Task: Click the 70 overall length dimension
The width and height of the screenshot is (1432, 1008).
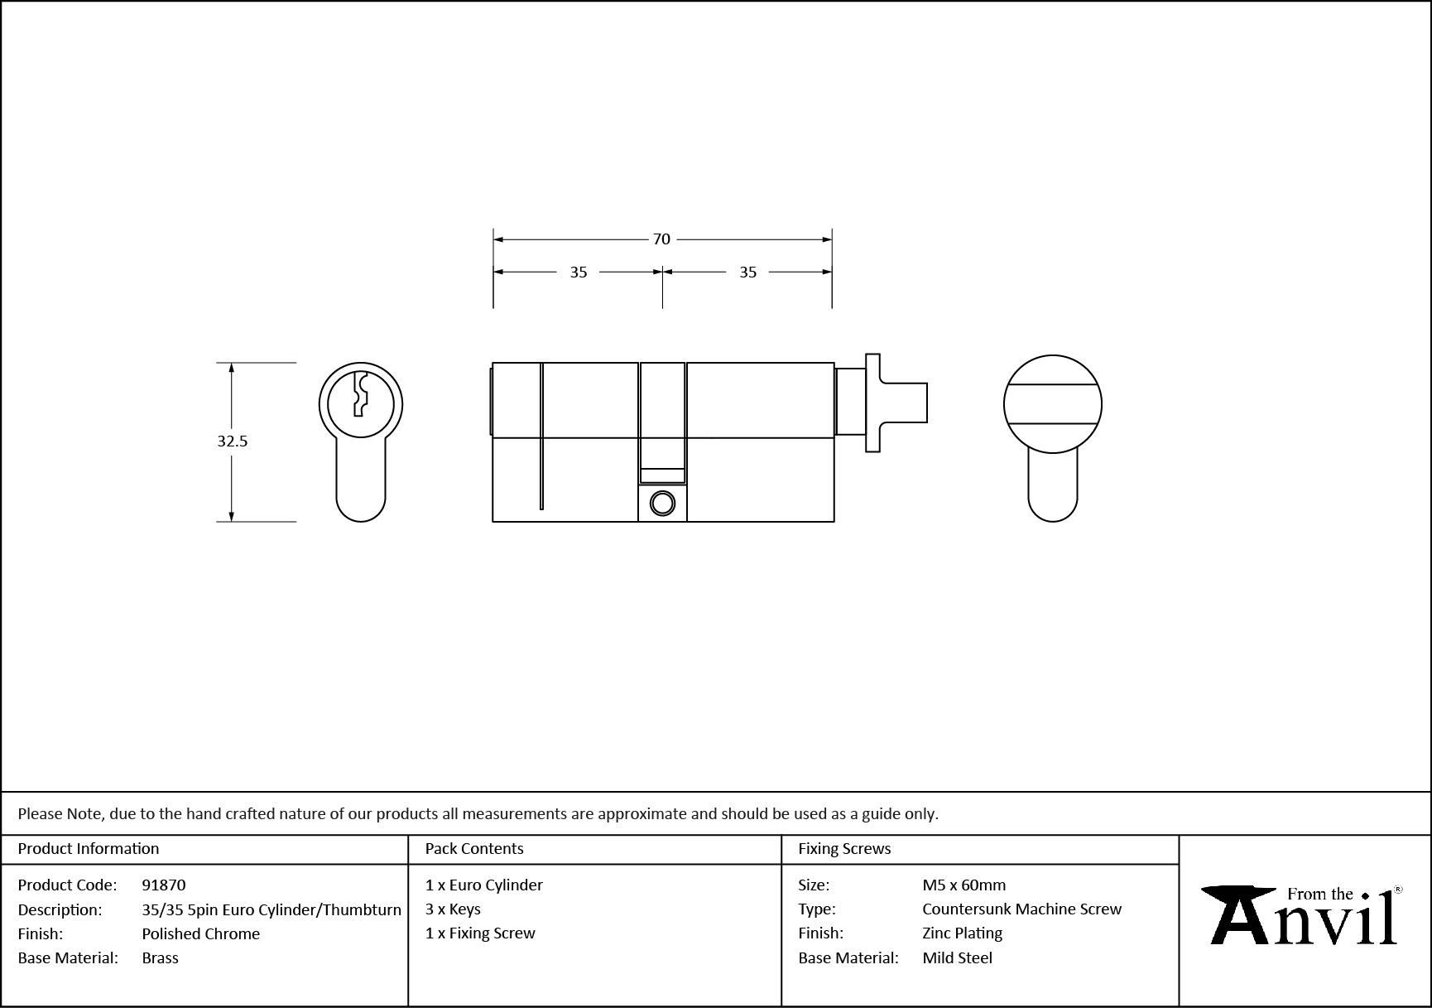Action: coord(661,239)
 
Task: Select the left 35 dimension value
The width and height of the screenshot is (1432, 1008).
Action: coord(578,272)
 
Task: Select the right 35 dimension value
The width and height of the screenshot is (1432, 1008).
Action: coord(747,272)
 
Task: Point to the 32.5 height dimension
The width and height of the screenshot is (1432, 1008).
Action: coord(233,441)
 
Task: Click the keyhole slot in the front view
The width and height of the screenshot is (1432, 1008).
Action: coord(360,395)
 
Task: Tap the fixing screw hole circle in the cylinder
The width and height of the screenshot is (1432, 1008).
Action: coord(662,503)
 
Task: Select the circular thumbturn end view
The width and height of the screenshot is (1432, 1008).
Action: coord(1052,404)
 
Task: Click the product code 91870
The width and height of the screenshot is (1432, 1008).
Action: coord(164,885)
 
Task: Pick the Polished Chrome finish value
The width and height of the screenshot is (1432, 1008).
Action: coord(200,933)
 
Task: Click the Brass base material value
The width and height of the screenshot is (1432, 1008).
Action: coord(160,958)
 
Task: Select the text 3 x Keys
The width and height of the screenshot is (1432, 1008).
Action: coord(453,909)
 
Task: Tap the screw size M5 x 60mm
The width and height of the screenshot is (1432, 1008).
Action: coord(963,885)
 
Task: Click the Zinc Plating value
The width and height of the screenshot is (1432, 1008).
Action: coord(962,933)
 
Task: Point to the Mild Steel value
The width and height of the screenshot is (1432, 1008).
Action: coord(957,958)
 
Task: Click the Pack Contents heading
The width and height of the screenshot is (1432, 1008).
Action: coord(473,849)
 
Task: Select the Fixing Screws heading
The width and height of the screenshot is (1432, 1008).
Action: coord(843,849)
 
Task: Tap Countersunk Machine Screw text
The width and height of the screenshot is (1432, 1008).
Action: coord(1021,909)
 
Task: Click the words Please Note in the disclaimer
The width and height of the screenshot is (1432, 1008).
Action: coord(60,814)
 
